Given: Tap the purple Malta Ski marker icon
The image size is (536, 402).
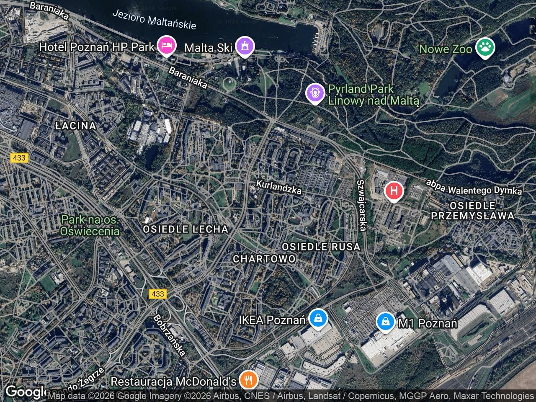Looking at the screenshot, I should (244, 46).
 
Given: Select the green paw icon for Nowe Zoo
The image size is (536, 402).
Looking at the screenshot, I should (485, 48).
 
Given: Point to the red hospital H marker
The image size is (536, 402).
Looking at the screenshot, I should (394, 191).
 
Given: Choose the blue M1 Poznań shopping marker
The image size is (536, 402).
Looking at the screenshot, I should (385, 322).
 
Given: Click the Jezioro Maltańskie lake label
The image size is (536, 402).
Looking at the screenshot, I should (154, 19).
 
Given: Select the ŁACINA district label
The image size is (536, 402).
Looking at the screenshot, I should (76, 126).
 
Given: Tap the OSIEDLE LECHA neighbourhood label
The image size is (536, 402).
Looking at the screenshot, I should (186, 229).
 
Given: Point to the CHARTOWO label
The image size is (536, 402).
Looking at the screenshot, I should (264, 259).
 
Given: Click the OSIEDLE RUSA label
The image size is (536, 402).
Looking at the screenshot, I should (321, 247).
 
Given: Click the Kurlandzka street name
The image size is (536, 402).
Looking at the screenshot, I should (279, 187).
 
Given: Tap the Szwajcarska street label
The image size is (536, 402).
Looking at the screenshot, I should (362, 205).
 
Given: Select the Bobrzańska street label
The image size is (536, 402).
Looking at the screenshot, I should (170, 335).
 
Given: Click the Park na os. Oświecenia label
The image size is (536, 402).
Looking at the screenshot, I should (90, 225).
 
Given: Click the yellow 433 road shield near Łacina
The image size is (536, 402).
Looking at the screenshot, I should (19, 158).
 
